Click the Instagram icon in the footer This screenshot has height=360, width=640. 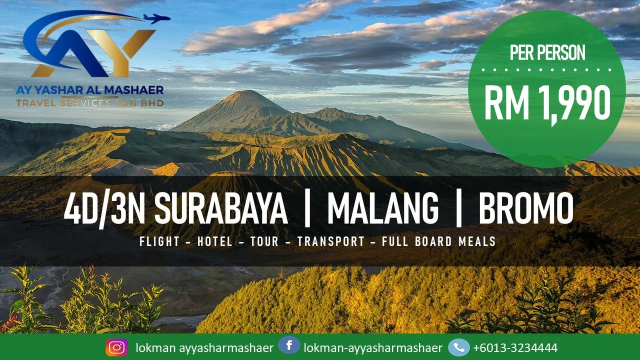click(x=116, y=347)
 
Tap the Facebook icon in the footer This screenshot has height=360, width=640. click(x=289, y=346)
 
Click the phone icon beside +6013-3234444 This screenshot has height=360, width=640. click(x=458, y=347)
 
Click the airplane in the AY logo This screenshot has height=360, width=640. click(x=156, y=19)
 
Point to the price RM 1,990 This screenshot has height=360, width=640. click(x=547, y=103)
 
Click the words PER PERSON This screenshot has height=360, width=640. click(x=547, y=52)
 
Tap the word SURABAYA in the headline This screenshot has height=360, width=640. click(x=220, y=209)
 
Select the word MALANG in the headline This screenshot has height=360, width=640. click(x=382, y=209)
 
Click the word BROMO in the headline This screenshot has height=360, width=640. click(x=526, y=209)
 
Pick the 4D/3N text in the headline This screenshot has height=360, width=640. click(x=105, y=209)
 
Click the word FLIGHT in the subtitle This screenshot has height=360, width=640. click(x=159, y=242)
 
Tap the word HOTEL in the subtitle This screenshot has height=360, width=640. click(x=215, y=242)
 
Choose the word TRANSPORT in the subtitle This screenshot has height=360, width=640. click(x=331, y=242)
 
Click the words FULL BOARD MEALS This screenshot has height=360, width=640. click(x=438, y=242)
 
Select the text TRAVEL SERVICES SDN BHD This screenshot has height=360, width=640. click(x=90, y=103)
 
